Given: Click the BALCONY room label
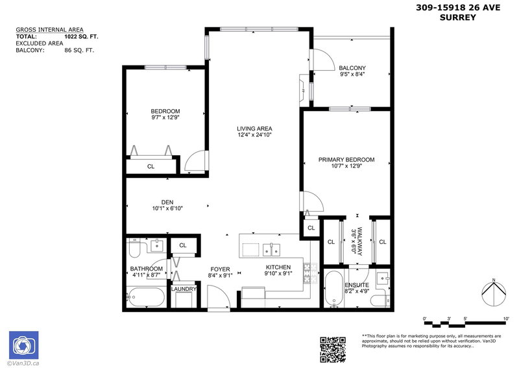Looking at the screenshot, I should [x=352, y=67].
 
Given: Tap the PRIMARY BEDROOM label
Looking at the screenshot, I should [x=346, y=160].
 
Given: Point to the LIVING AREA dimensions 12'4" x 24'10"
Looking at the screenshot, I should [x=254, y=135].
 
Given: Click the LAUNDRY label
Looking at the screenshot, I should [x=184, y=289].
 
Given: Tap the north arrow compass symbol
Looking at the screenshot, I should [x=495, y=293].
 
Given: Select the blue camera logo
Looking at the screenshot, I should [x=23, y=345].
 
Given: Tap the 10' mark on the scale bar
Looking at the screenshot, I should [x=505, y=319].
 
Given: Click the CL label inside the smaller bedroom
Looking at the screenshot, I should [x=151, y=166].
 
